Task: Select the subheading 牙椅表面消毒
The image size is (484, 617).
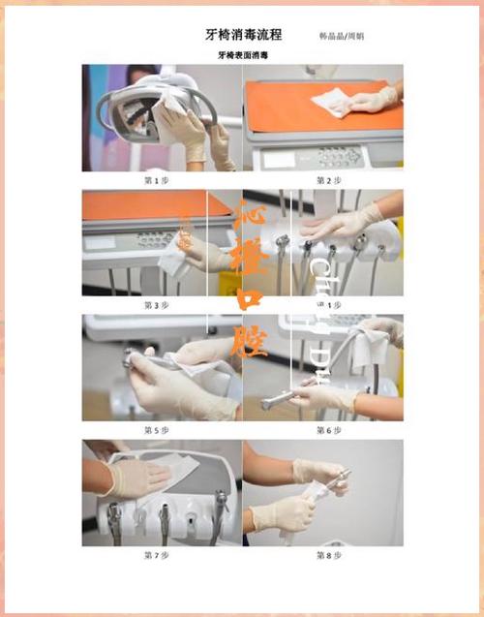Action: click(243, 56)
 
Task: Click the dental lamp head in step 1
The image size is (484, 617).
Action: click(131, 108)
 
